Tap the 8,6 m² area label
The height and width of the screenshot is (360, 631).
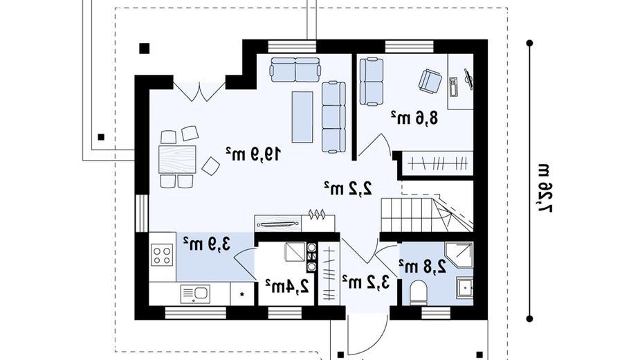coord(414,118)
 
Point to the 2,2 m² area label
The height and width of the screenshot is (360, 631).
coord(348,188)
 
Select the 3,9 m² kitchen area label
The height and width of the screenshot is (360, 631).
coord(207,244)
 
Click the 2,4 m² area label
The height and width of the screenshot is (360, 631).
coord(287,285)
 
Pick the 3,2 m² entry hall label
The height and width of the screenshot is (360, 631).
coord(366,282)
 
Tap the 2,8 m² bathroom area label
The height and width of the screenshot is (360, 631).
coord(423,266)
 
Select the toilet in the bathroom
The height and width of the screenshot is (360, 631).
coord(419,292)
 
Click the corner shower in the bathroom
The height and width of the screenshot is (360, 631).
coord(459,256)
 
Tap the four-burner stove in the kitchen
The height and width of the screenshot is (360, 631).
coord(162,255)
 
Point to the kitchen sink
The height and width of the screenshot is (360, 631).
coord(195,293)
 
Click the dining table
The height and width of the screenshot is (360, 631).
coord(177,159)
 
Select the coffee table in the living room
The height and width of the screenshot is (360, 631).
coord(302,117)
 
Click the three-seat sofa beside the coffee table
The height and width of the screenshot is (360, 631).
coord(333,117)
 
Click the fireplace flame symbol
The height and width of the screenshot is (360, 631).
coord(316,214)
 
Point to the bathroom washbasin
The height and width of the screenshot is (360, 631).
coord(465,287)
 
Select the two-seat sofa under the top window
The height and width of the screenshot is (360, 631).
coord(296,69)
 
